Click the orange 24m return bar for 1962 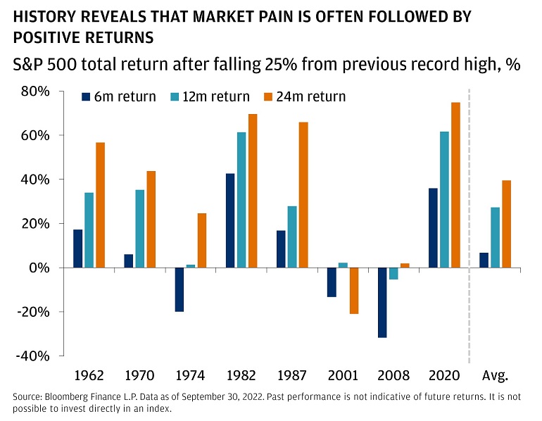tap(100, 205)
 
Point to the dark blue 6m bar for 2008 tap(382, 303)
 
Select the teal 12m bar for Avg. tap(495, 237)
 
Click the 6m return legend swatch tap(86, 97)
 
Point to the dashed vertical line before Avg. tap(469, 225)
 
